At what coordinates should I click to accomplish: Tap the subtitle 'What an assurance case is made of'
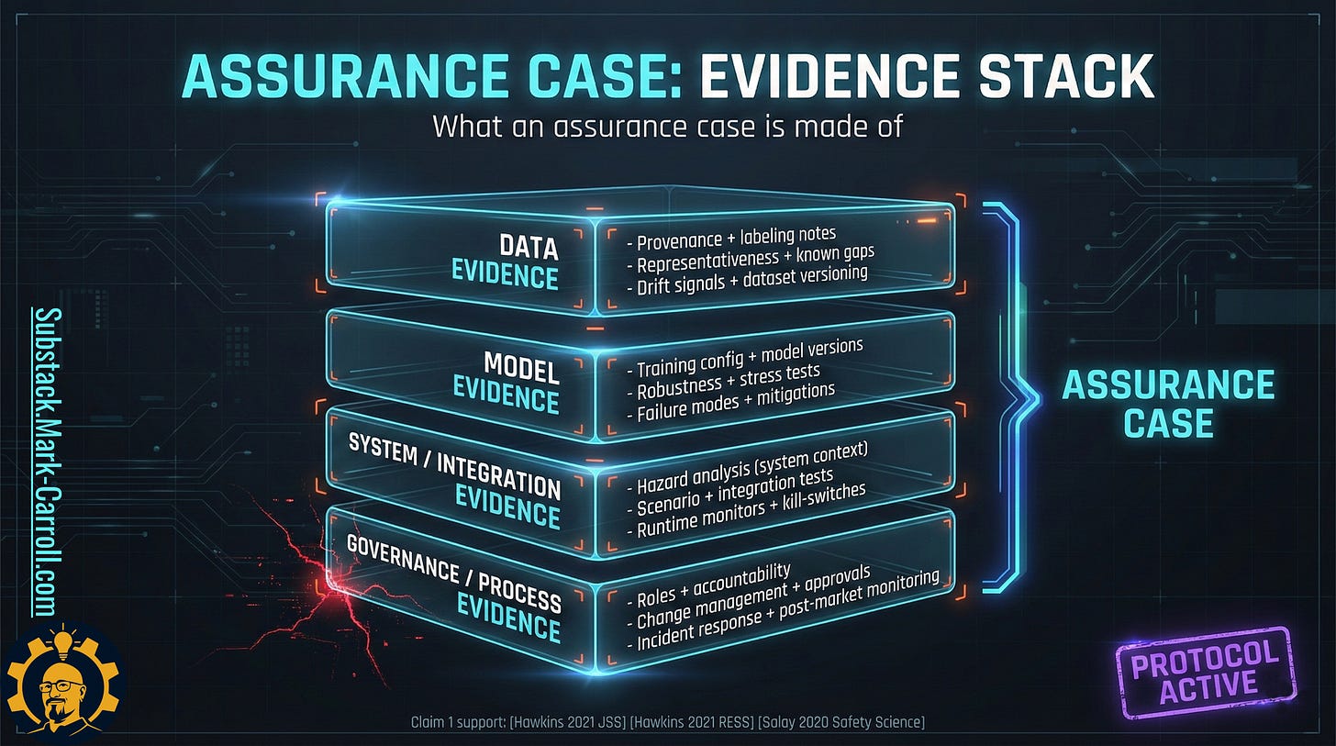pyautogui.click(x=667, y=125)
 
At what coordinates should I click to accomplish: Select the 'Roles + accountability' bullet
pyautogui.click(x=713, y=585)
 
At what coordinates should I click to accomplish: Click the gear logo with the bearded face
pyautogui.click(x=61, y=685)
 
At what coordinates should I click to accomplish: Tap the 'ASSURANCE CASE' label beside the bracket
pyautogui.click(x=1168, y=404)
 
